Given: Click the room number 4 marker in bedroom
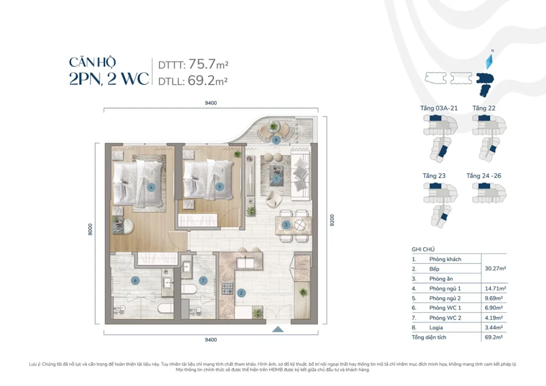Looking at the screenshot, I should pos(151,187).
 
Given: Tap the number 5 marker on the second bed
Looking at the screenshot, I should pos(220,187).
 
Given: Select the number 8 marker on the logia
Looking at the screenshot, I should pos(276,140).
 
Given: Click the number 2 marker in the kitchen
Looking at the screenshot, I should pos(241,293).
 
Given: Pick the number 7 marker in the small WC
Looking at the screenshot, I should pos(203,280).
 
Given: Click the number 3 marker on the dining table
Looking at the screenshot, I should pos(286,225).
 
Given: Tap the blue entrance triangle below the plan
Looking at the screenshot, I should pos(278,329).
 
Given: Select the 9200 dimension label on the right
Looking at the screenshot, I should pos(332,220).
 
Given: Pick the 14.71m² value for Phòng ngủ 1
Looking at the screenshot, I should pos(492,288).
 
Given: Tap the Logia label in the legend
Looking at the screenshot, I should pos(436,327).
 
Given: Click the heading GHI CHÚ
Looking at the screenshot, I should pos(423,250).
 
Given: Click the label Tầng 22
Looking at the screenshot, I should pos(483,108).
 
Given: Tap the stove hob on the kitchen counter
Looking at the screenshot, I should pos(227,288).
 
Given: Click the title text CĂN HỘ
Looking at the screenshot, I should pos(93,63).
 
